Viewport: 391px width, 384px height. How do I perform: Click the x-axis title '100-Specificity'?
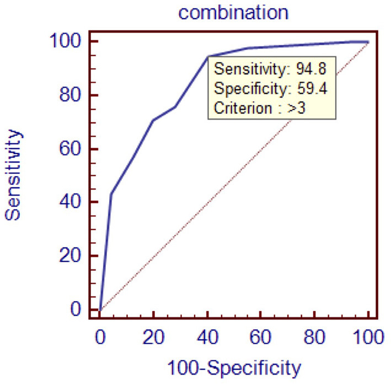[x=234, y=366]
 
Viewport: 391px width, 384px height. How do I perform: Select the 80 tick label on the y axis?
[x=72, y=95]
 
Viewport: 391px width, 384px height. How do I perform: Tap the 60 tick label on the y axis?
[x=72, y=149]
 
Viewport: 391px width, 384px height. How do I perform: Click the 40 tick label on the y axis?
[x=72, y=203]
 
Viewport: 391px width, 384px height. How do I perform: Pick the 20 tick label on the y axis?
[x=72, y=257]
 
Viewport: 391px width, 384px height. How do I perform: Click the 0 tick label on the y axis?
[x=78, y=310]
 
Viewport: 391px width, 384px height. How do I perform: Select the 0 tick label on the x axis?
[x=100, y=336]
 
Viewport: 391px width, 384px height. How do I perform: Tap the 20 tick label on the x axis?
[x=153, y=336]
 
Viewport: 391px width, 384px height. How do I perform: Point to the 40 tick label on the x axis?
[x=207, y=336]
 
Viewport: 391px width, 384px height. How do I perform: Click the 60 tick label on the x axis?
[x=261, y=336]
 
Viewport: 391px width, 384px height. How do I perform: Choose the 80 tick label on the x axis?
[x=315, y=336]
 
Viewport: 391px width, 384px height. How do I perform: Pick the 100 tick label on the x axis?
[x=368, y=336]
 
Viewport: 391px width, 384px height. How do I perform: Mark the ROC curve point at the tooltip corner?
[x=208, y=56]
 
